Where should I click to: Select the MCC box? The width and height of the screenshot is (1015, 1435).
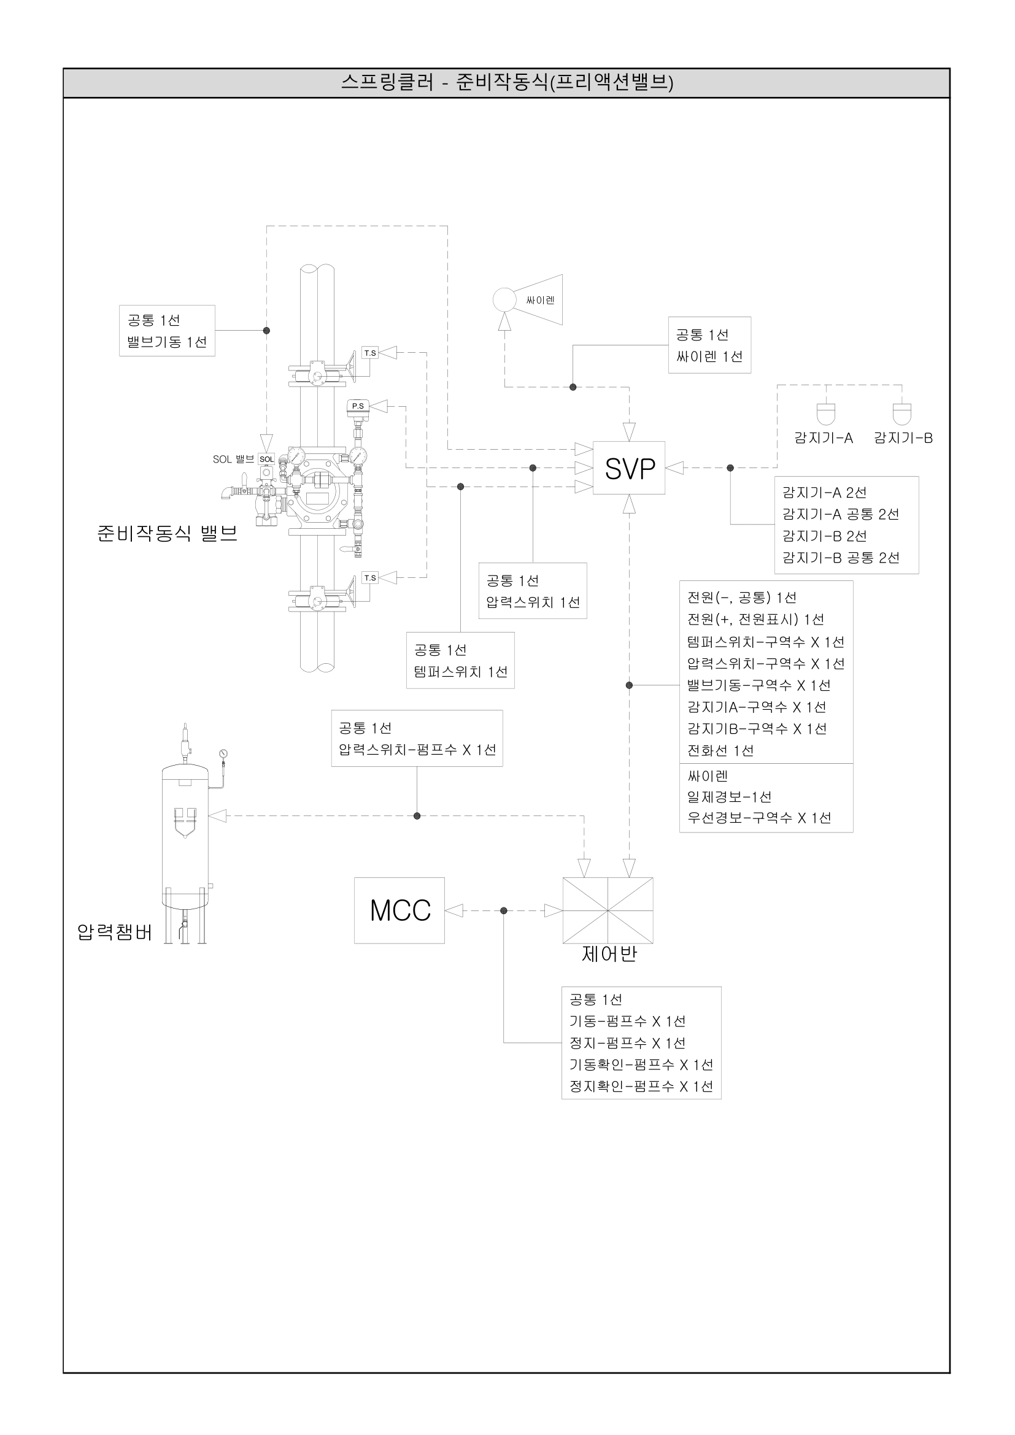click(x=399, y=910)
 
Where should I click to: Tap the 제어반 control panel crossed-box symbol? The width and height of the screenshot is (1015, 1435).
click(x=608, y=910)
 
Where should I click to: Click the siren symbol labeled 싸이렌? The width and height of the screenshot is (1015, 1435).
click(x=528, y=300)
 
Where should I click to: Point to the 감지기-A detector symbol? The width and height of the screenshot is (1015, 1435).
click(x=825, y=414)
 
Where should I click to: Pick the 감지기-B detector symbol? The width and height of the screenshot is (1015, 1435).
click(x=902, y=414)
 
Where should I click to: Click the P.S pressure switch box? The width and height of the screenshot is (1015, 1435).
click(x=358, y=406)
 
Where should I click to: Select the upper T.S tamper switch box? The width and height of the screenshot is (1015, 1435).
click(x=370, y=353)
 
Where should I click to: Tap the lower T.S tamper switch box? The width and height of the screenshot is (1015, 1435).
click(x=370, y=578)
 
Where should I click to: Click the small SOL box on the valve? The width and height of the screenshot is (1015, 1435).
click(x=266, y=460)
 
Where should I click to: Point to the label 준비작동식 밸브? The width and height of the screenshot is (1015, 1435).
click(x=167, y=533)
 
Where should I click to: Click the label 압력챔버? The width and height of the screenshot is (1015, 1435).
click(x=114, y=933)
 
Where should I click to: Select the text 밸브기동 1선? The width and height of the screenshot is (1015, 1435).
click(x=167, y=342)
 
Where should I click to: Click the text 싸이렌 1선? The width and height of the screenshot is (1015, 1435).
click(x=709, y=357)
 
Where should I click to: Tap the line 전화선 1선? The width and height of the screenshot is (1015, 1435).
click(x=720, y=750)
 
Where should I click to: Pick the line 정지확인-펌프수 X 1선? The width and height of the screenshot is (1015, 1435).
click(x=641, y=1087)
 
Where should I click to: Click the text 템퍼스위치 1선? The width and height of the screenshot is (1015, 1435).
click(x=461, y=672)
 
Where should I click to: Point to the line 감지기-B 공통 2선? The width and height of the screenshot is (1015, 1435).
click(x=841, y=558)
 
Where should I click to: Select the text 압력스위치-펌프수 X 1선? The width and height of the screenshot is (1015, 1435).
click(x=417, y=749)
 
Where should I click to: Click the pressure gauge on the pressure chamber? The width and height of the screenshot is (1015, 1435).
click(x=223, y=753)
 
